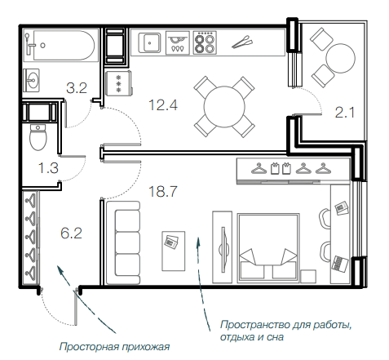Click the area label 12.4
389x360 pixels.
(x=163, y=105)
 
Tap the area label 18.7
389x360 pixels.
(x=163, y=191)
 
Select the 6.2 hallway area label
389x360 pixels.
(x=71, y=233)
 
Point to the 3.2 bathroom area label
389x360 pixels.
(x=77, y=88)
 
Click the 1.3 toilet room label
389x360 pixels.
(x=48, y=168)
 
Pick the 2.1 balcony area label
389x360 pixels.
(x=345, y=113)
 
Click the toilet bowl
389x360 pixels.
(x=38, y=137)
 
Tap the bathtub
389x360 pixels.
(x=64, y=46)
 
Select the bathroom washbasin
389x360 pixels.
(x=31, y=80)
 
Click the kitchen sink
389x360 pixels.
(x=149, y=42)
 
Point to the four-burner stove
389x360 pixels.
(x=205, y=42)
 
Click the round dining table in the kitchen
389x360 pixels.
(x=224, y=107)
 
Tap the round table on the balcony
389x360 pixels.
(x=340, y=58)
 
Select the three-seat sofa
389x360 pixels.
(x=123, y=243)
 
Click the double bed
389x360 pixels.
(x=268, y=248)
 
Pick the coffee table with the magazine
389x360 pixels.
(x=174, y=251)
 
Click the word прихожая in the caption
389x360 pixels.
(x=146, y=347)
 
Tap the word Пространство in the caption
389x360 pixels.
(x=255, y=325)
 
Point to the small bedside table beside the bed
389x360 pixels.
(x=308, y=276)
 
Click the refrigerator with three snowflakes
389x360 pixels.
(x=118, y=83)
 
